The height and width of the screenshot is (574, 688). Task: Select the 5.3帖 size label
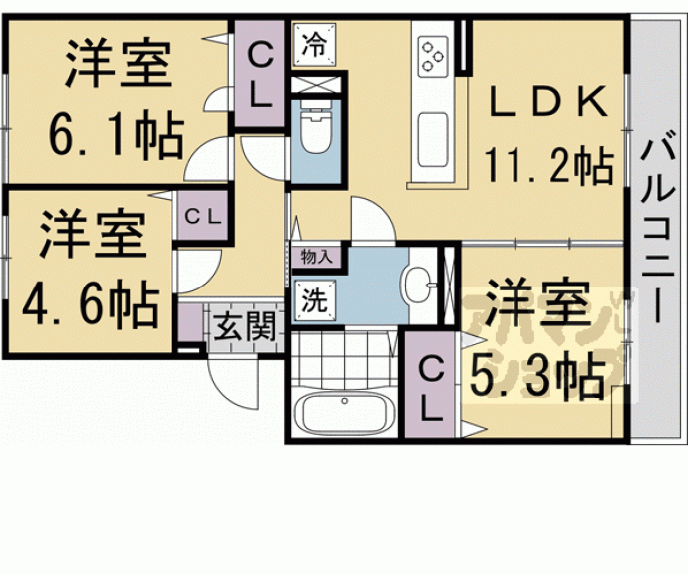(534, 377)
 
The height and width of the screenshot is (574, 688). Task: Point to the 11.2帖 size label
(547, 165)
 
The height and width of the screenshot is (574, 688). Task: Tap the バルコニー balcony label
(655, 230)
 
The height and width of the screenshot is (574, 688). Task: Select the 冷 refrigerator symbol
(314, 46)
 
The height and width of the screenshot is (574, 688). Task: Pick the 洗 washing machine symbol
(313, 300)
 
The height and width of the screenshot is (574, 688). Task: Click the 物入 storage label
(315, 257)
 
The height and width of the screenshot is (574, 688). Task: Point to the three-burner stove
(434, 55)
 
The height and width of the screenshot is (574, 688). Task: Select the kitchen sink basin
(433, 131)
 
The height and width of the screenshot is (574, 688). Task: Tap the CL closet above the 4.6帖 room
(204, 215)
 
